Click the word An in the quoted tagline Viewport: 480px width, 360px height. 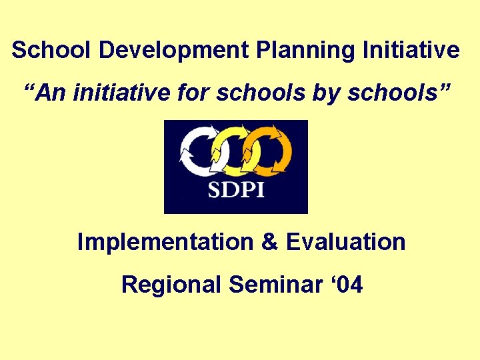coord(52,93)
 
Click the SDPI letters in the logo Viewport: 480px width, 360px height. coord(236,189)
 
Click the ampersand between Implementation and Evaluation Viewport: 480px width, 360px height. coord(271,242)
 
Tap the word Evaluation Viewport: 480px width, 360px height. coord(345,242)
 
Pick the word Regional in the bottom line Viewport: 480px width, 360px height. coord(171,286)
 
